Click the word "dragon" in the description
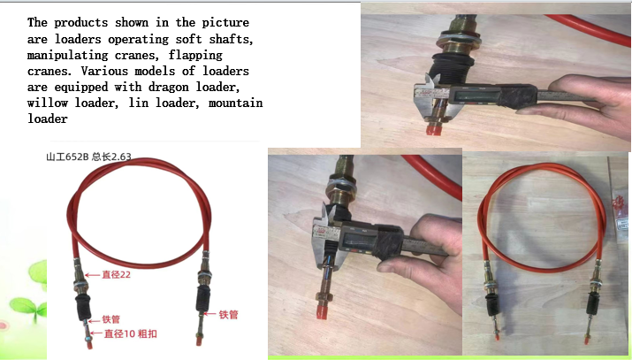click(x=169, y=87)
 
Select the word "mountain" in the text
click(x=236, y=103)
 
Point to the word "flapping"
click(x=195, y=55)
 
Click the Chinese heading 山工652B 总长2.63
click(x=88, y=157)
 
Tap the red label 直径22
click(x=116, y=275)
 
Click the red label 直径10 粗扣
click(x=131, y=333)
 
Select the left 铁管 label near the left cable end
click(x=110, y=319)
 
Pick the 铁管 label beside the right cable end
click(x=229, y=315)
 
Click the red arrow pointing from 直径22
click(x=92, y=275)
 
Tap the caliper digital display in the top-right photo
click(x=475, y=96)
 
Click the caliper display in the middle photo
click(x=357, y=242)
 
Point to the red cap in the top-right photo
click(x=433, y=130)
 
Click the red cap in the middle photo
click(x=322, y=312)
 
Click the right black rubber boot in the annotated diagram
click(x=203, y=299)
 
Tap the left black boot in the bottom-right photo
click(x=492, y=304)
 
